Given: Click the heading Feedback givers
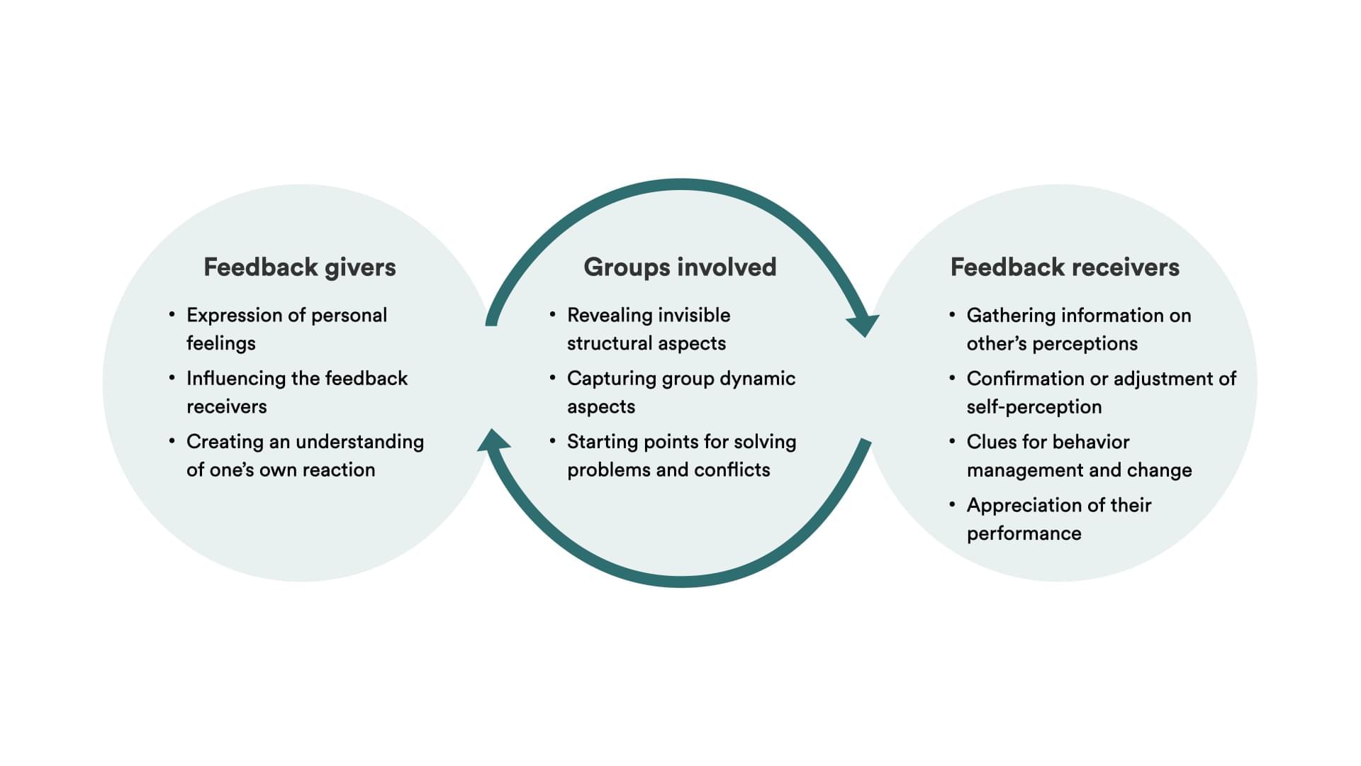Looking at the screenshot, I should tap(299, 267).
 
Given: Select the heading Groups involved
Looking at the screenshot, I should tap(680, 267).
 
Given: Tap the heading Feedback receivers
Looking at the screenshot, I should tap(1065, 267).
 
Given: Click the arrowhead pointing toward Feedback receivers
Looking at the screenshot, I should tap(863, 325).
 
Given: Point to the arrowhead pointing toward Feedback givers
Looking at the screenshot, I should tap(493, 440).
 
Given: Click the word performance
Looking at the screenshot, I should tap(1024, 533).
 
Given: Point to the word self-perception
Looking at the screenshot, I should tap(1034, 406).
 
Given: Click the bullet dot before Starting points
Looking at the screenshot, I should tap(553, 440).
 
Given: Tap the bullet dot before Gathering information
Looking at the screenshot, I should tap(952, 313).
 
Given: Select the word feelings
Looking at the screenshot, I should tap(220, 343).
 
